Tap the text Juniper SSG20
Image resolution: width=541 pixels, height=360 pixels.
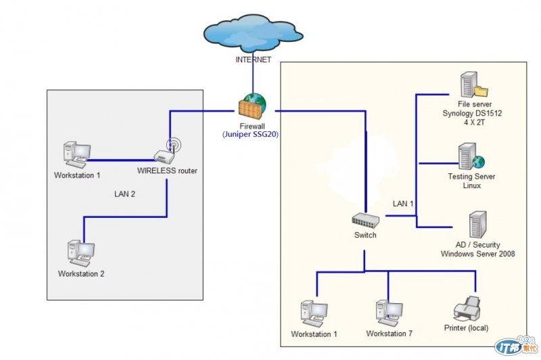click(x=252, y=135)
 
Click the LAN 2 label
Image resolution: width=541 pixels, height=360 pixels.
click(x=124, y=194)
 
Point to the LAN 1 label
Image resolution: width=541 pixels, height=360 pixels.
click(x=403, y=204)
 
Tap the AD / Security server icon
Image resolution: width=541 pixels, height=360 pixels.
click(x=477, y=225)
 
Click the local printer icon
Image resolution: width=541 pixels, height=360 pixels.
click(x=466, y=310)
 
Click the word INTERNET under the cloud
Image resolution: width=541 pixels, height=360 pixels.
click(x=253, y=60)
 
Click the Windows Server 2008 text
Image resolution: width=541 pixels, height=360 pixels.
click(x=477, y=254)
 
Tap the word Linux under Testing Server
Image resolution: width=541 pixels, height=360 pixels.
click(x=471, y=185)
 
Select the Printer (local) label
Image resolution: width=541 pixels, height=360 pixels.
click(x=466, y=329)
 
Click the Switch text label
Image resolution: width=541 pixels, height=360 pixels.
click(x=365, y=235)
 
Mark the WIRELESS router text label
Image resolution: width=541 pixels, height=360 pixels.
click(x=167, y=171)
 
